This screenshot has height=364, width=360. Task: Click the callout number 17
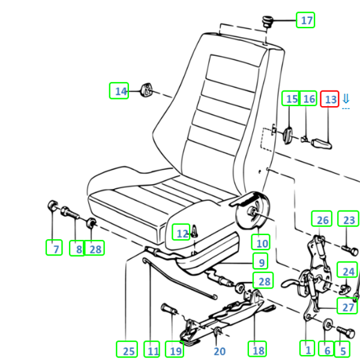pyautogui.click(x=306, y=21)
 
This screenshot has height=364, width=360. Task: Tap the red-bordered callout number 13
pyautogui.click(x=330, y=99)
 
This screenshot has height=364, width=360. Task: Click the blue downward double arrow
pyautogui.click(x=346, y=100)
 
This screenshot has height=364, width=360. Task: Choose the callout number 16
pyautogui.click(x=308, y=99)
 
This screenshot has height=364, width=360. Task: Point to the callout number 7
pyautogui.click(x=55, y=246)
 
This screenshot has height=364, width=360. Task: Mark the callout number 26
pyautogui.click(x=322, y=220)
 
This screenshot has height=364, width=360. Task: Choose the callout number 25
pyautogui.click(x=127, y=350)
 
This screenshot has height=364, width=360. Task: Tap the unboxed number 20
pyautogui.click(x=220, y=351)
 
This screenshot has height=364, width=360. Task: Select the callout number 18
pyautogui.click(x=257, y=349)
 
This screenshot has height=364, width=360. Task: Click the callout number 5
pyautogui.click(x=343, y=349)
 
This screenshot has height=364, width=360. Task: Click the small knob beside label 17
pyautogui.click(x=266, y=23)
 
